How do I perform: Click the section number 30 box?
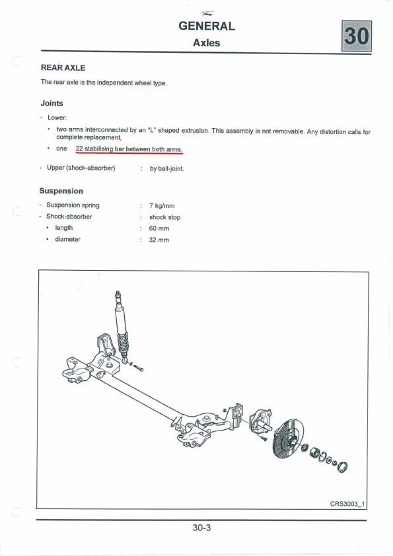[357, 36]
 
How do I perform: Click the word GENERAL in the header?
[207, 26]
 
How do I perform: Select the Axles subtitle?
[207, 43]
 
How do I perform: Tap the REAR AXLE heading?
[63, 68]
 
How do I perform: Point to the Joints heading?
[52, 103]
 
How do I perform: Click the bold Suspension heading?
[61, 191]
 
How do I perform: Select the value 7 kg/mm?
[162, 205]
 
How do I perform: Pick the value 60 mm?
[159, 228]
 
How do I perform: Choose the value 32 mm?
[159, 240]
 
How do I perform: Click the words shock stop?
[164, 217]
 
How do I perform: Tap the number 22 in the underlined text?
[79, 149]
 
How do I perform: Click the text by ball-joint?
[166, 169]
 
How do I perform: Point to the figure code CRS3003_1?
[347, 504]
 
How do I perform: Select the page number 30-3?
[201, 528]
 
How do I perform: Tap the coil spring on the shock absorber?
[123, 344]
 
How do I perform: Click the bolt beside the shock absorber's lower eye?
[138, 368]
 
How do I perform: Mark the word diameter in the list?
[68, 239]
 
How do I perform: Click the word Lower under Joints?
[57, 118]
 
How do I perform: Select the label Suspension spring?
[73, 205]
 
